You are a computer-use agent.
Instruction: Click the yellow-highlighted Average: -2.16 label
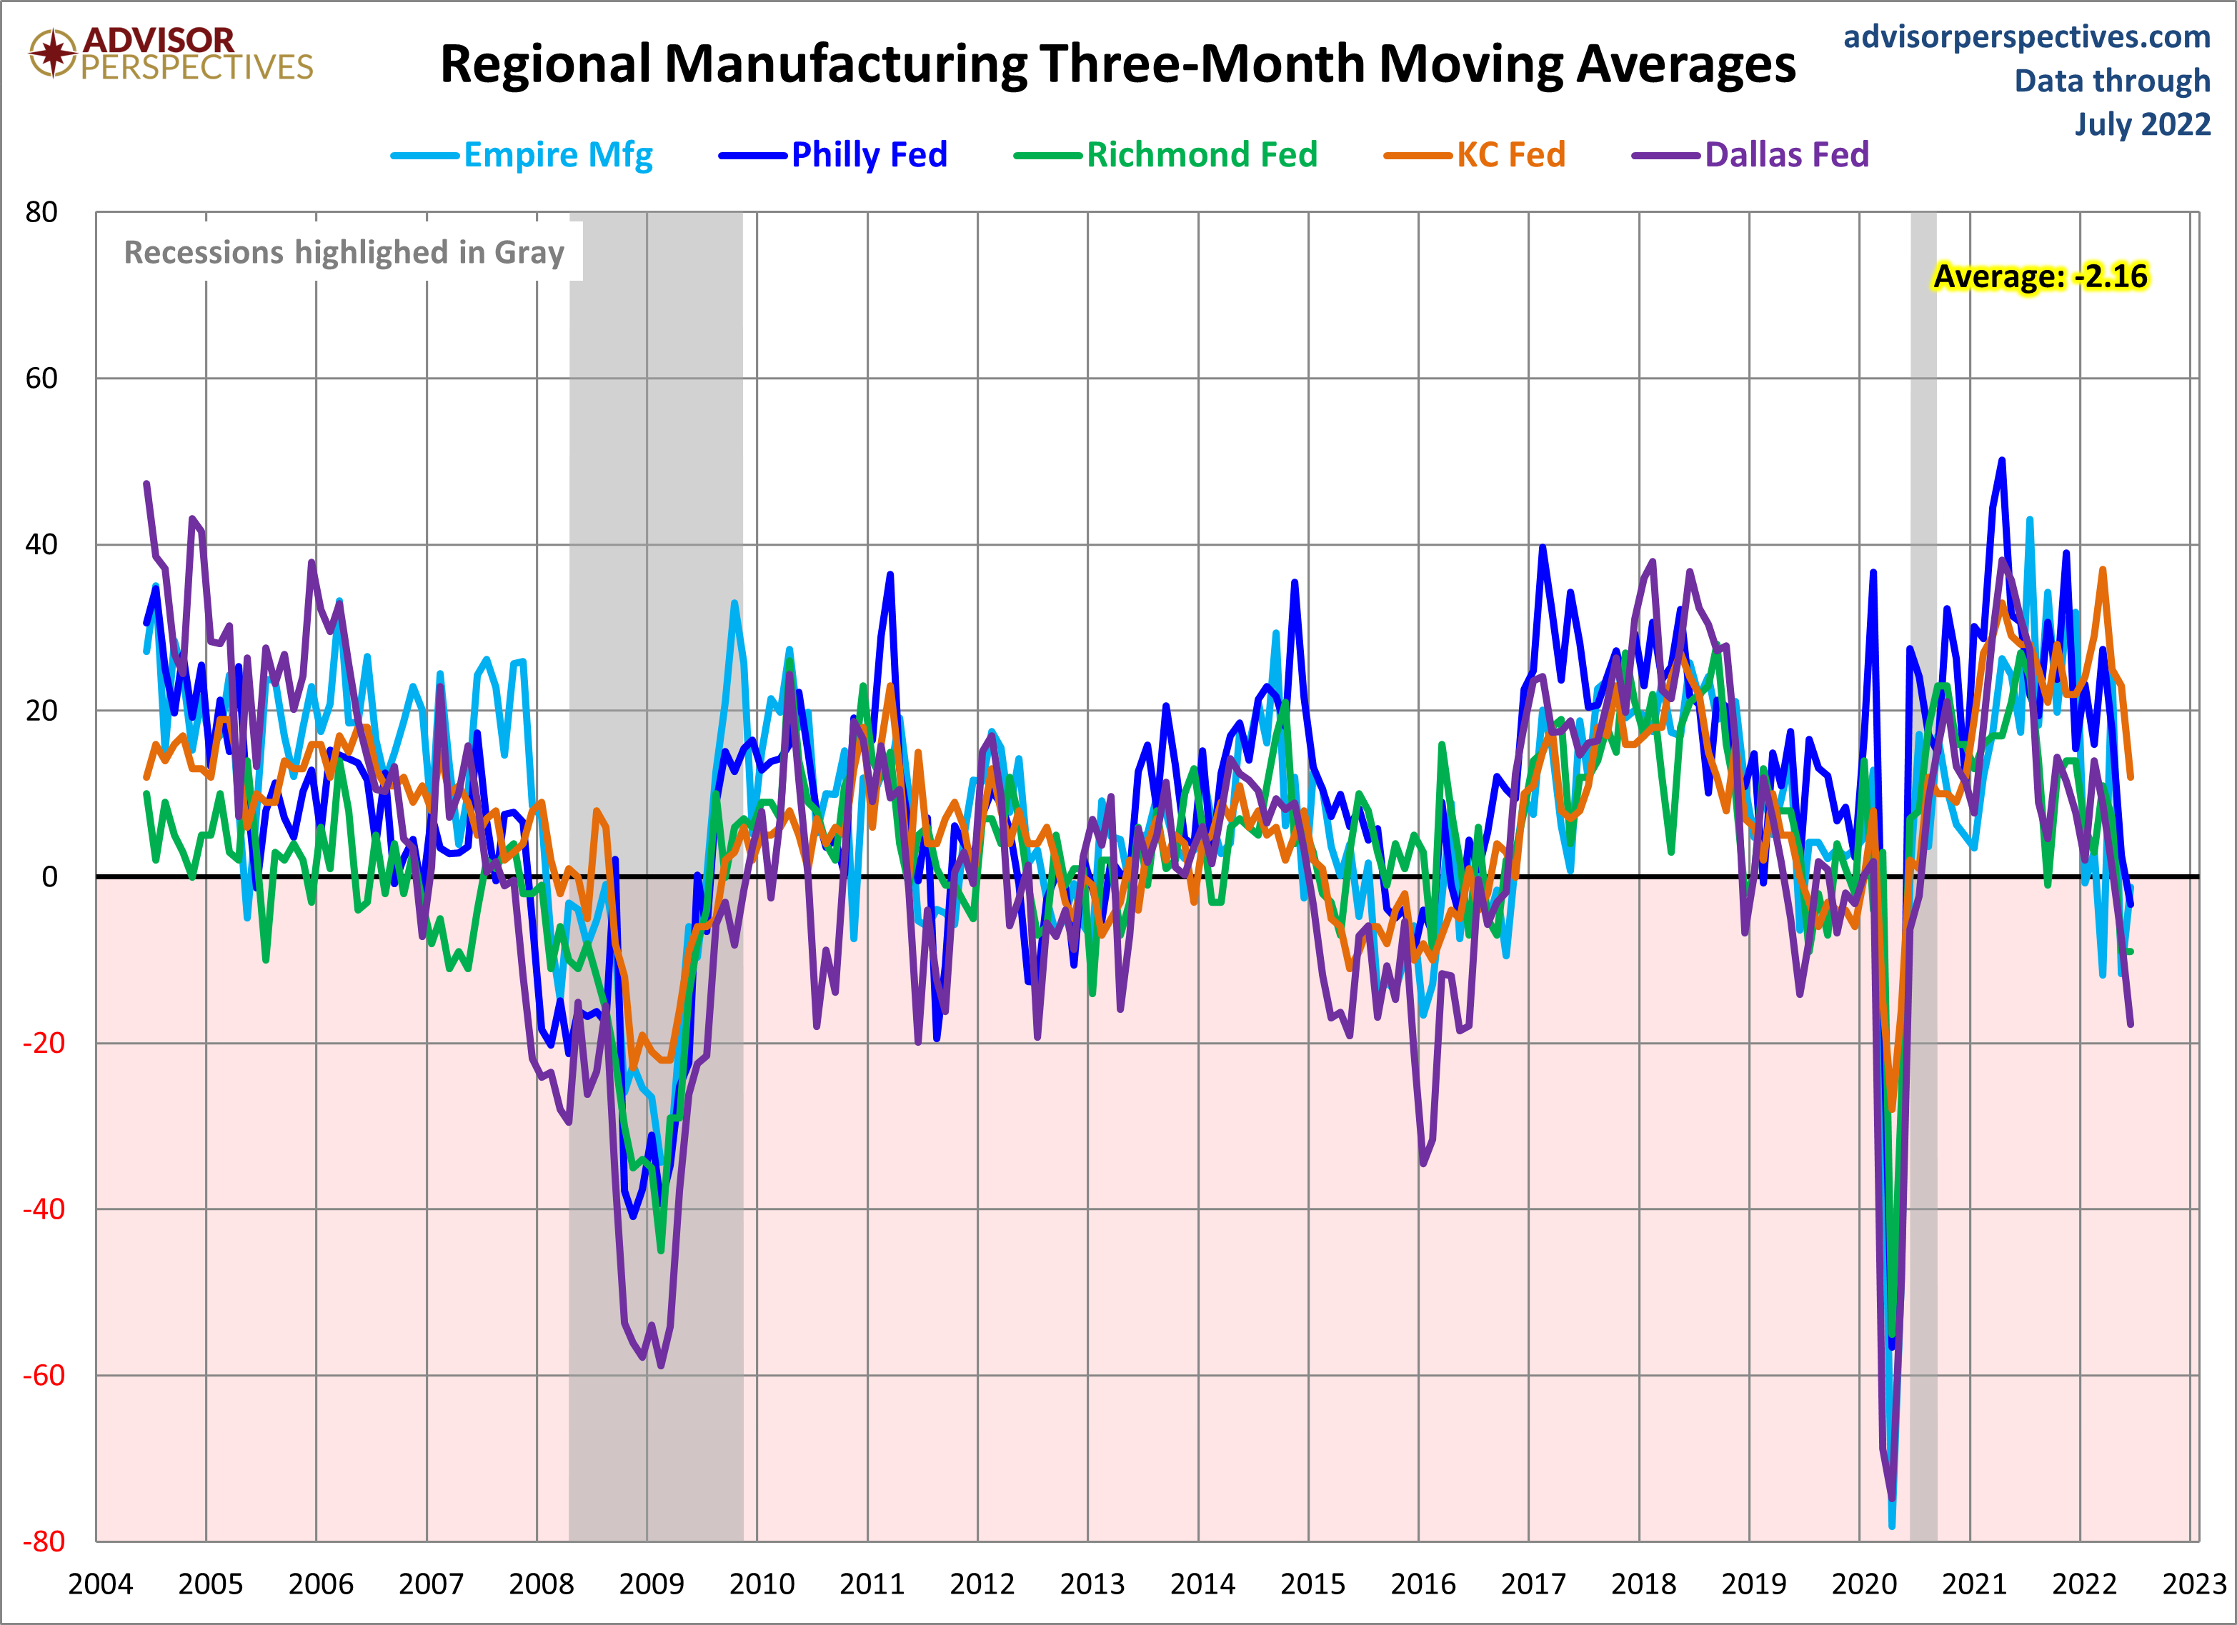coord(2040,276)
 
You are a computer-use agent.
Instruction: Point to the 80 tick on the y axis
coord(41,212)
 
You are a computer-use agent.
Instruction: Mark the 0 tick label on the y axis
coord(49,876)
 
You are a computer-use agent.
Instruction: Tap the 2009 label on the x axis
coord(651,1584)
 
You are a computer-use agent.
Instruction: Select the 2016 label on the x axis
coord(1423,1584)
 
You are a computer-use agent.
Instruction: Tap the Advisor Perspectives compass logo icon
coord(52,52)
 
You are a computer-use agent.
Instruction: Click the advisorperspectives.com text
coord(2026,36)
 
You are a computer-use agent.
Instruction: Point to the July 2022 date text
coord(2141,124)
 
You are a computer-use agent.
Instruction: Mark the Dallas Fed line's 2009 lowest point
coord(660,1365)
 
